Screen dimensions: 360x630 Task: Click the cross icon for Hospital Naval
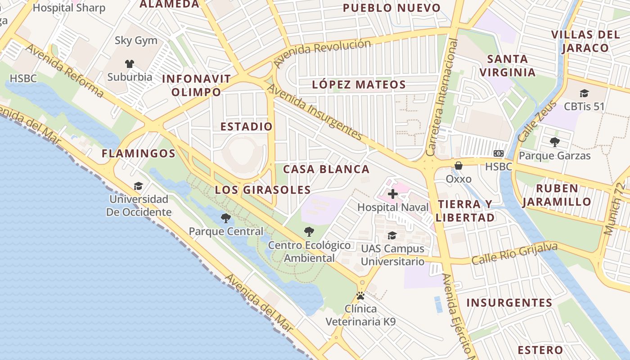click(393, 194)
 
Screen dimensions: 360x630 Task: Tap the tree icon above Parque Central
click(226, 218)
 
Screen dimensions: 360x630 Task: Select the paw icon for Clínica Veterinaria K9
click(360, 296)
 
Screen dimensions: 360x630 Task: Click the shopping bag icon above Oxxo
click(458, 166)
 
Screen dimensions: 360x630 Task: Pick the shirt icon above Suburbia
click(130, 63)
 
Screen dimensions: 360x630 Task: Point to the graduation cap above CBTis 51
click(584, 93)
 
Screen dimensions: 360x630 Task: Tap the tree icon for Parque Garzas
click(554, 142)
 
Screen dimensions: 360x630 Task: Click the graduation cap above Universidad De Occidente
click(138, 186)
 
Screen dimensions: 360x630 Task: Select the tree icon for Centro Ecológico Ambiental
click(309, 232)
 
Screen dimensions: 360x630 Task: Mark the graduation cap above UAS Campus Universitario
click(392, 235)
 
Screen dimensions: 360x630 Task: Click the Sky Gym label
click(136, 40)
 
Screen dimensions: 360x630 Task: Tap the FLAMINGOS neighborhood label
click(139, 153)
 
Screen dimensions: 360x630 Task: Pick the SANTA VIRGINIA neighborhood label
click(508, 66)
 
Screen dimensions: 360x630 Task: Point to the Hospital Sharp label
click(69, 8)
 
